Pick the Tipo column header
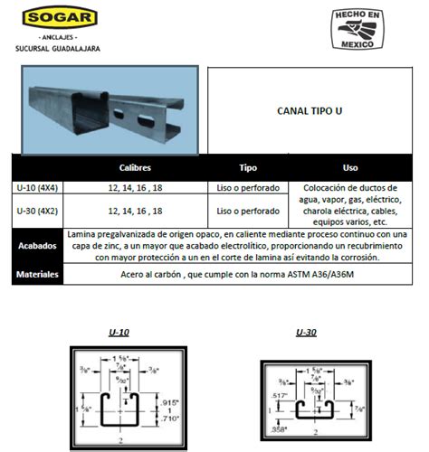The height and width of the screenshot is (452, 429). click(x=248, y=168)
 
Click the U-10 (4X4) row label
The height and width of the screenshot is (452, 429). click(x=39, y=189)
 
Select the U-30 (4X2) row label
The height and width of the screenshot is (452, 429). click(x=39, y=211)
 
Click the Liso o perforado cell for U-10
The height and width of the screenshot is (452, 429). click(x=248, y=189)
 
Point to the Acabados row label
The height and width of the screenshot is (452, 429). click(x=39, y=245)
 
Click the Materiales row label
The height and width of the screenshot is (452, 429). click(x=39, y=273)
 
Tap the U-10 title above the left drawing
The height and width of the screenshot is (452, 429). click(x=118, y=332)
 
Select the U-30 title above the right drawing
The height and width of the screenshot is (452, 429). click(x=306, y=332)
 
